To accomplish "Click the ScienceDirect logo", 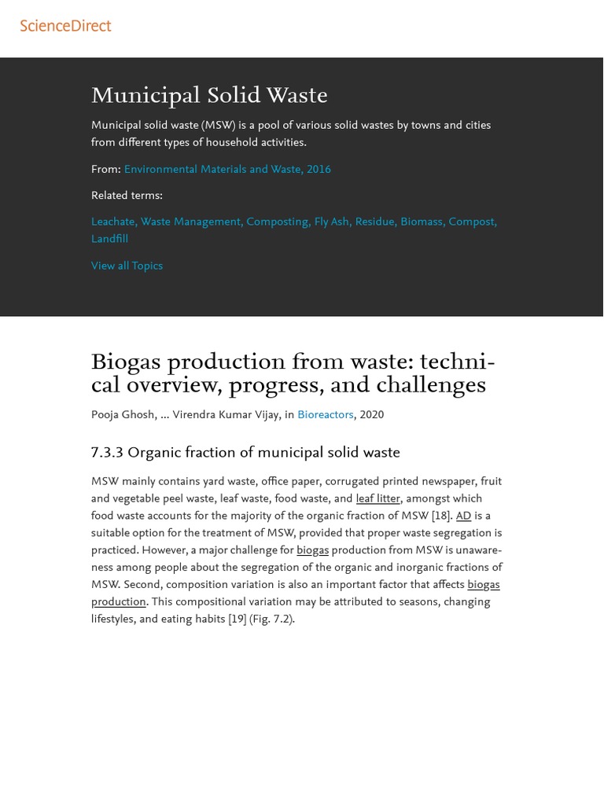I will pyautogui.click(x=65, y=26).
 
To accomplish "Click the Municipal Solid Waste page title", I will pyautogui.click(x=209, y=96).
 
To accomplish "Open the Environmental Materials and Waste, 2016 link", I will pyautogui.click(x=227, y=169).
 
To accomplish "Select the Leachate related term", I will pyautogui.click(x=113, y=222).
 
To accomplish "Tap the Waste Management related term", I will pyautogui.click(x=191, y=222).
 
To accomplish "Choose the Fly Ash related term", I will pyautogui.click(x=331, y=222).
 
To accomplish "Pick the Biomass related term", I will pyautogui.click(x=422, y=222).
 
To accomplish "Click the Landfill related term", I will pyautogui.click(x=109, y=239).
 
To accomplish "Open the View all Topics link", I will pyautogui.click(x=127, y=266).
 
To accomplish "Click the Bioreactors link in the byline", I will pyautogui.click(x=325, y=415).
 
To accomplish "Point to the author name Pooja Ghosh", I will pyautogui.click(x=123, y=415).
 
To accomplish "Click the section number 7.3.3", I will pyautogui.click(x=107, y=453).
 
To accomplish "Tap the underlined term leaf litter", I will pyautogui.click(x=377, y=498).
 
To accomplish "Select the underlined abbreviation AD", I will pyautogui.click(x=463, y=516).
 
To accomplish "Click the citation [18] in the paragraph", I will pyautogui.click(x=441, y=516).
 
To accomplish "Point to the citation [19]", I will pyautogui.click(x=237, y=619).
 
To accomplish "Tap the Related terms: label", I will pyautogui.click(x=127, y=196).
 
